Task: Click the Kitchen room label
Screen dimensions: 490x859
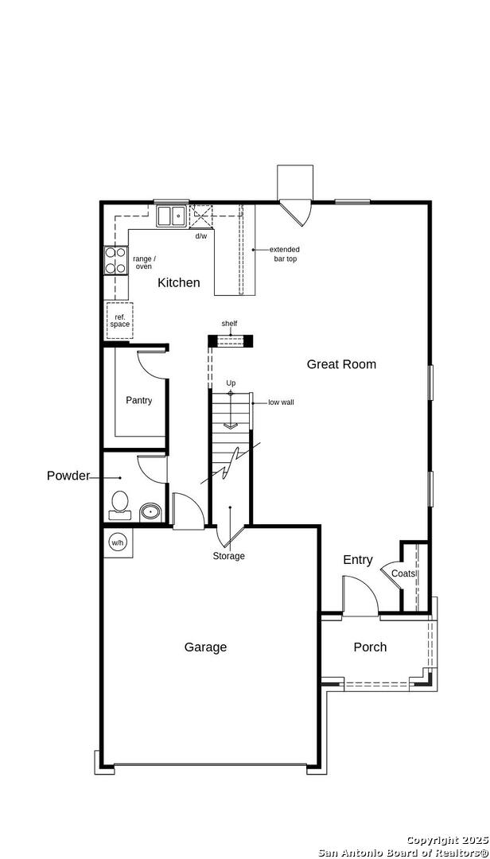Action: pyautogui.click(x=179, y=282)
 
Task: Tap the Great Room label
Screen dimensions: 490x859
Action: pyautogui.click(x=341, y=363)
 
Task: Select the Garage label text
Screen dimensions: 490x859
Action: pyautogui.click(x=205, y=647)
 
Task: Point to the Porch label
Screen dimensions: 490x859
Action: pyautogui.click(x=370, y=647)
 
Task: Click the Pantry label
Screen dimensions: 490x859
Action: pyautogui.click(x=138, y=400)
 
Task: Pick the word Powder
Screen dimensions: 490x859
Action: pyautogui.click(x=68, y=476)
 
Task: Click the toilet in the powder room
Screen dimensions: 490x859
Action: pyautogui.click(x=120, y=504)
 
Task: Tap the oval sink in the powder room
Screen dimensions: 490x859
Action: pyautogui.click(x=150, y=512)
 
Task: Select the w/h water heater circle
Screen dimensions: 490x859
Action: pyautogui.click(x=117, y=543)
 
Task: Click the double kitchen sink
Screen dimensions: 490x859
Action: pyautogui.click(x=171, y=216)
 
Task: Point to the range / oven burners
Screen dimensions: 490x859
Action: pyautogui.click(x=115, y=260)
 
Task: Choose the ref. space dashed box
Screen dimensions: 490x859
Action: pyautogui.click(x=119, y=321)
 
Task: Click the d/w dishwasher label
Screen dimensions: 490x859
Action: pyautogui.click(x=201, y=236)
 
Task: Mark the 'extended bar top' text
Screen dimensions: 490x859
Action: pyautogui.click(x=285, y=255)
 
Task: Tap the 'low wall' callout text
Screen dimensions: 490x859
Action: pyautogui.click(x=281, y=402)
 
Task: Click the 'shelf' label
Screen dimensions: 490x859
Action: pyautogui.click(x=229, y=324)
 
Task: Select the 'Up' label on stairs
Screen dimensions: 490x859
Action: pyautogui.click(x=231, y=383)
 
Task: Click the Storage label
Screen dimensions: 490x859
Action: pyautogui.click(x=229, y=556)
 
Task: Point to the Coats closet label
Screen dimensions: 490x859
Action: pyautogui.click(x=404, y=573)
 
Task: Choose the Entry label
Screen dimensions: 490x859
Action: pyautogui.click(x=358, y=560)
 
